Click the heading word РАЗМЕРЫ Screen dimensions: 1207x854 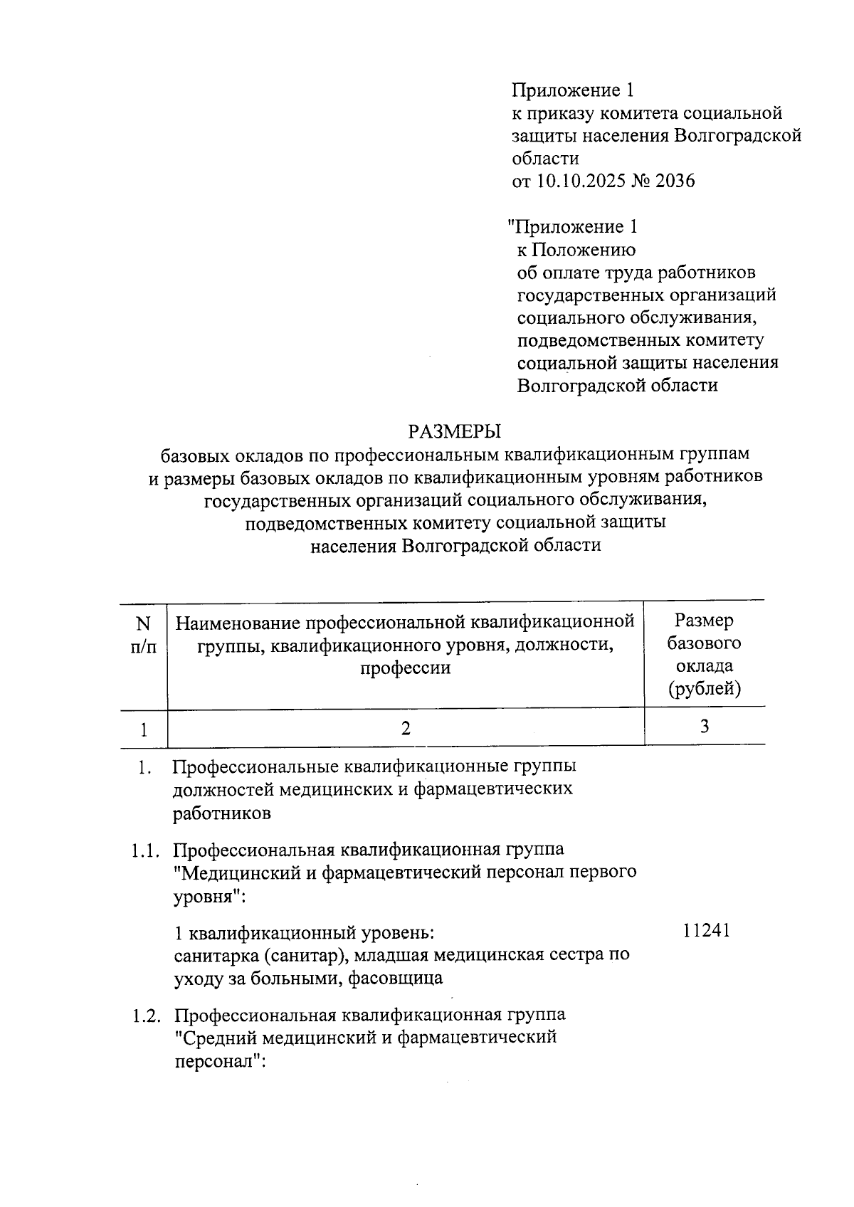click(454, 431)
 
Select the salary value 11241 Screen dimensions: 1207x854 click(706, 932)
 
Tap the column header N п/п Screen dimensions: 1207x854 click(144, 634)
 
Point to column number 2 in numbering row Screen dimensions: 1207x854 click(406, 728)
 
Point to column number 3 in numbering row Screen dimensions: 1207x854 click(705, 727)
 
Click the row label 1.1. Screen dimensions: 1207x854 click(147, 850)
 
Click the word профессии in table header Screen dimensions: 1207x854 click(405, 668)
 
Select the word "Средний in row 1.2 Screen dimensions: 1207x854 click(218, 1038)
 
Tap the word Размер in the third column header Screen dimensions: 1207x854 click(705, 621)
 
